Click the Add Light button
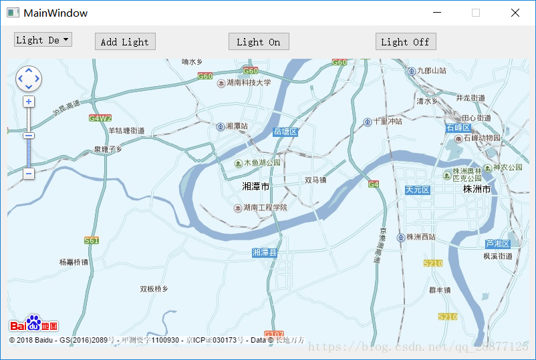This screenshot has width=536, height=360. coord(125,41)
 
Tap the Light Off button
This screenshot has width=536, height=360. coord(405,41)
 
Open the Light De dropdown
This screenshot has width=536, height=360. coord(43,40)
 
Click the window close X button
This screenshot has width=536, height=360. coord(515,13)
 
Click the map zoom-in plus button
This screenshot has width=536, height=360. coord(29,102)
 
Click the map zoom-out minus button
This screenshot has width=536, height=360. coord(29,174)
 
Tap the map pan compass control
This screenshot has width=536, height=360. coord(28,79)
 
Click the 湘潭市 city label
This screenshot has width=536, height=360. coord(256,186)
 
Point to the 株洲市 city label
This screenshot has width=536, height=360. coord(477,190)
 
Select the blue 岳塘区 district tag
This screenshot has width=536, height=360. coord(285,132)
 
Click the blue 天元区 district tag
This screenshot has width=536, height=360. coord(418,190)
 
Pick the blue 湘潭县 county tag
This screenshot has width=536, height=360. coord(265,252)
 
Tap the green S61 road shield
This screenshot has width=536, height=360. coord(92,240)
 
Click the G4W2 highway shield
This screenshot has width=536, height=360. coord(100,118)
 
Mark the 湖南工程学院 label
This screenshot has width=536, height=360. coord(265,208)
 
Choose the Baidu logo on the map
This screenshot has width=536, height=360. coord(33,325)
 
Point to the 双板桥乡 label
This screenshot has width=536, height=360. coord(154,289)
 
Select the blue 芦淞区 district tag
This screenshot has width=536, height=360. coord(498,244)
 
